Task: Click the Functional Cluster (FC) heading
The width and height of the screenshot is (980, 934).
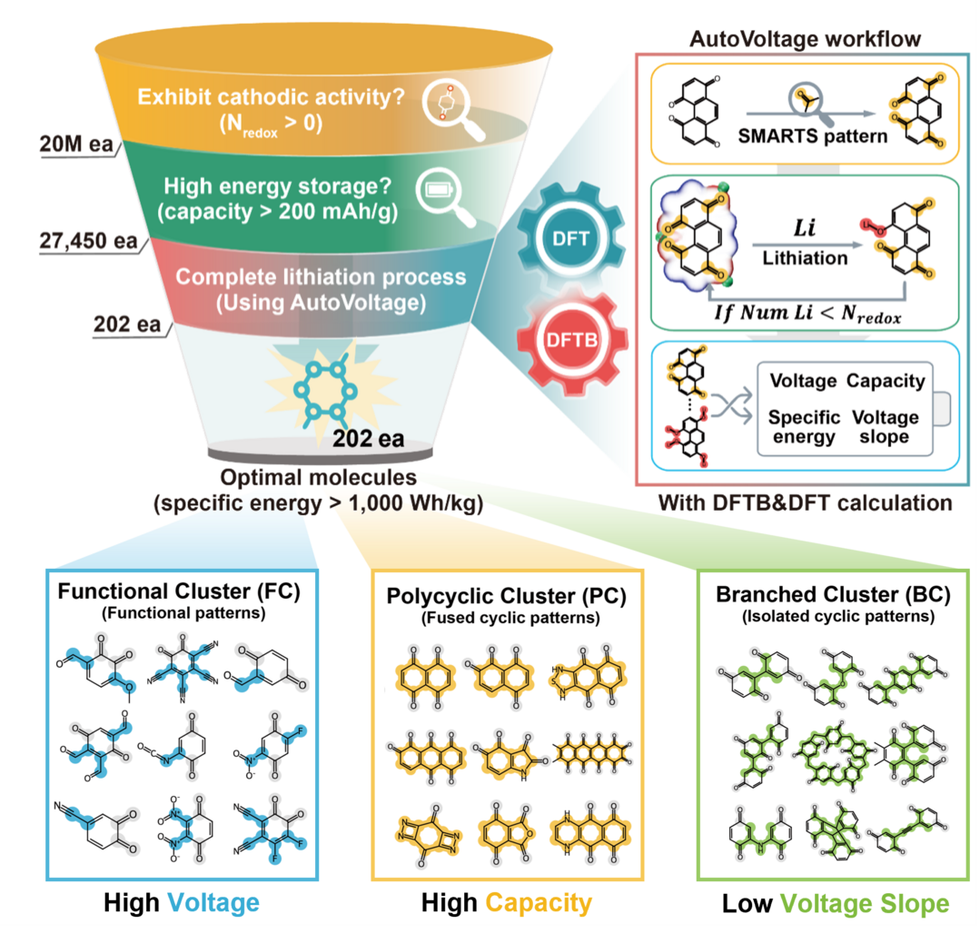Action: point(180,592)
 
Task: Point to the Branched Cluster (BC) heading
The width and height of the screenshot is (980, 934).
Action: point(833,595)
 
